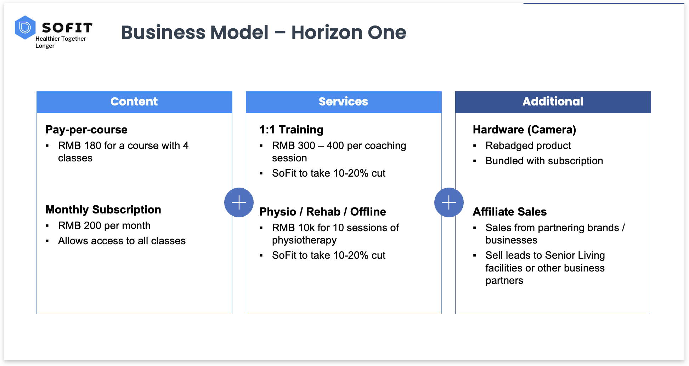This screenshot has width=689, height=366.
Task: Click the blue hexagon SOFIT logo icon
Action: pyautogui.click(x=25, y=27)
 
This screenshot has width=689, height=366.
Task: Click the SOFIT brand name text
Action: pyautogui.click(x=67, y=28)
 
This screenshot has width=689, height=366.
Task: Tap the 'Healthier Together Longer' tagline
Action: pyautogui.click(x=61, y=42)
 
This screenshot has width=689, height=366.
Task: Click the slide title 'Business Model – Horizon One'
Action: pyautogui.click(x=264, y=33)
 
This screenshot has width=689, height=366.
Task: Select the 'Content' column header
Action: pyautogui.click(x=134, y=102)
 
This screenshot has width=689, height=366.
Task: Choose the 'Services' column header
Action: pyautogui.click(x=344, y=102)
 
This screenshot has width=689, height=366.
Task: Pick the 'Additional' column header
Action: pyautogui.click(x=553, y=102)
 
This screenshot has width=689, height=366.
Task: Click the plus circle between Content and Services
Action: pyautogui.click(x=239, y=202)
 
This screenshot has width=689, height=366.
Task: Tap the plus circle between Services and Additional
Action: pyautogui.click(x=449, y=202)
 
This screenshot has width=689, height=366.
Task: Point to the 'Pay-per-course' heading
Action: pyautogui.click(x=86, y=130)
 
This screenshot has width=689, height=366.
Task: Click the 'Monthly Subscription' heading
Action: pyautogui.click(x=103, y=210)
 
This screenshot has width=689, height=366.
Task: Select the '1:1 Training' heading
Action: pyautogui.click(x=291, y=130)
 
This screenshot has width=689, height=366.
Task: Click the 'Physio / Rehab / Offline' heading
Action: pyautogui.click(x=323, y=212)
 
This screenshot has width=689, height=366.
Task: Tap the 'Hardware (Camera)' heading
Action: pyautogui.click(x=524, y=130)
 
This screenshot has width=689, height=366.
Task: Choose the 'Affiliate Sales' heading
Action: pyautogui.click(x=510, y=212)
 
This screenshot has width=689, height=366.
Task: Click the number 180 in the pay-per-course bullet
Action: pyautogui.click(x=92, y=145)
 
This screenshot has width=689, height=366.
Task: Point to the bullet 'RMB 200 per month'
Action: pyautogui.click(x=105, y=225)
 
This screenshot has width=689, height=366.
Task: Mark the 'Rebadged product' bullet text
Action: pyautogui.click(x=528, y=145)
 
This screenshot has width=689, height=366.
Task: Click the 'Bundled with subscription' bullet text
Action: pyautogui.click(x=544, y=161)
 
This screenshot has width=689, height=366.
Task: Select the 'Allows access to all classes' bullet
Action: pyautogui.click(x=122, y=241)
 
